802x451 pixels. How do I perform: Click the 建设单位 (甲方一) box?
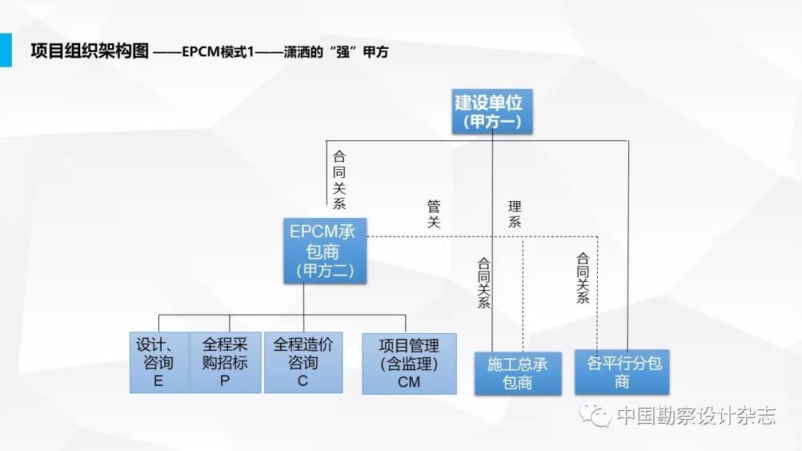pos(492,112)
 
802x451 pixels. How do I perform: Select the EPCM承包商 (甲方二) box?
pos(322,251)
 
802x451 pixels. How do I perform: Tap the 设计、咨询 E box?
pos(158,363)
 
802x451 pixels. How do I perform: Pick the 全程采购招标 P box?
pos(225,363)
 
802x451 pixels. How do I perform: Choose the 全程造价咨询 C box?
pos(302,363)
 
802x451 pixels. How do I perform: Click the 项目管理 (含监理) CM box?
pos(408,363)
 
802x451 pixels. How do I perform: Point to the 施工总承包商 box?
pos(518,373)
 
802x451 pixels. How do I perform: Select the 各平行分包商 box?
pos(623,372)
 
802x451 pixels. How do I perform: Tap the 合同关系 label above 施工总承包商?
pos(483,283)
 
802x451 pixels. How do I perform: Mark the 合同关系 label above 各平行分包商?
pos(583,278)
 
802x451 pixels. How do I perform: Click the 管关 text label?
pos(434,213)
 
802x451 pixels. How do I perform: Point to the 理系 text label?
pos(515,213)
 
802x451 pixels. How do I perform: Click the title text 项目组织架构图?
pos(90,51)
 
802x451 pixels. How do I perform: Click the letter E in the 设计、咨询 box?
pos(158,381)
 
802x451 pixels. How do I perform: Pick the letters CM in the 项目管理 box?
pos(408,382)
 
